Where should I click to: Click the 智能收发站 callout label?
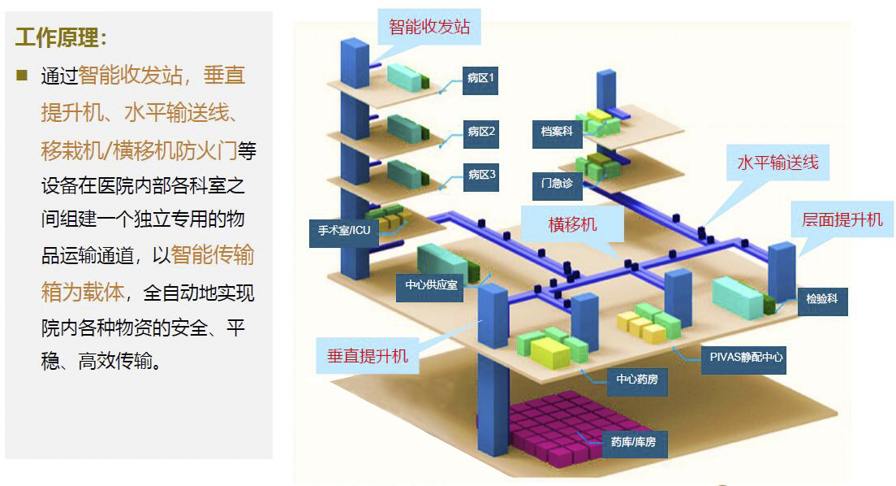click(x=429, y=26)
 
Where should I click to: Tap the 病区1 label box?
click(x=480, y=79)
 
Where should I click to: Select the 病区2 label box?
click(x=480, y=132)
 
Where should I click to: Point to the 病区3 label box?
click(x=480, y=176)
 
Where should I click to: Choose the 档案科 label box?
click(x=557, y=131)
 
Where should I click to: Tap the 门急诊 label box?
click(x=557, y=184)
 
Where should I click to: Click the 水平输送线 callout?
click(x=778, y=162)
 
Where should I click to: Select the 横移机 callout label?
click(x=572, y=223)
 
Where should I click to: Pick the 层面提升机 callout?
click(x=842, y=220)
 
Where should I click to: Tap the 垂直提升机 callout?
click(x=368, y=356)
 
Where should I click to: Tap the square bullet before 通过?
click(x=22, y=76)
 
